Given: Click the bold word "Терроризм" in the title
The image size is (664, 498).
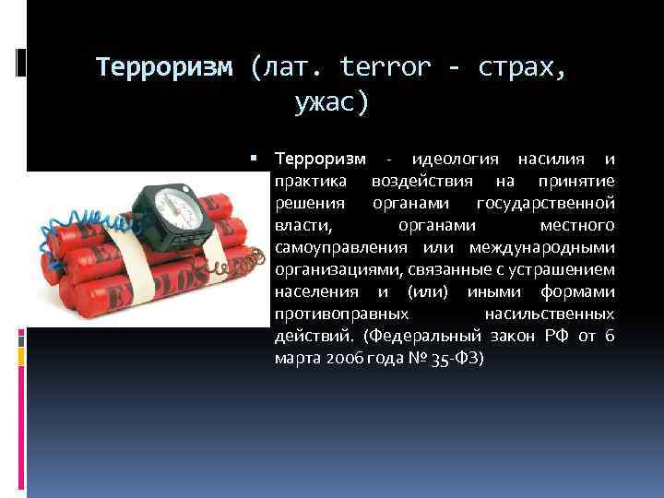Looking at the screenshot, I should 166,67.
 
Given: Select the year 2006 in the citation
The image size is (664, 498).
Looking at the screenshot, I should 336,358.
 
